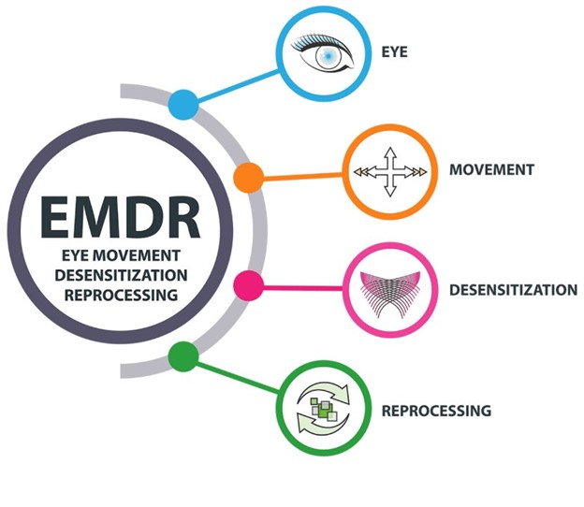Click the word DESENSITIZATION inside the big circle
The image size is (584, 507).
click(122, 273)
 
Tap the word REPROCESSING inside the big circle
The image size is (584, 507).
click(122, 293)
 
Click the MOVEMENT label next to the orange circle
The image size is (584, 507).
click(491, 170)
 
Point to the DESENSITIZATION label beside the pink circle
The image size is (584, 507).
click(513, 289)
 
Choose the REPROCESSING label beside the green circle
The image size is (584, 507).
click(436, 410)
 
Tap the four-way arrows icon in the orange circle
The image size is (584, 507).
click(390, 171)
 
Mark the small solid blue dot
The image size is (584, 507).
click(183, 104)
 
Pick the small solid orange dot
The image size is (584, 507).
click(247, 175)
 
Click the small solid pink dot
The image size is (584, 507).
click(247, 284)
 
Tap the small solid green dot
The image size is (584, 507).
click(183, 355)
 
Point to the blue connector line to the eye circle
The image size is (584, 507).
click(239, 83)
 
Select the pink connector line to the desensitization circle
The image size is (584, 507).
click(299, 285)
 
